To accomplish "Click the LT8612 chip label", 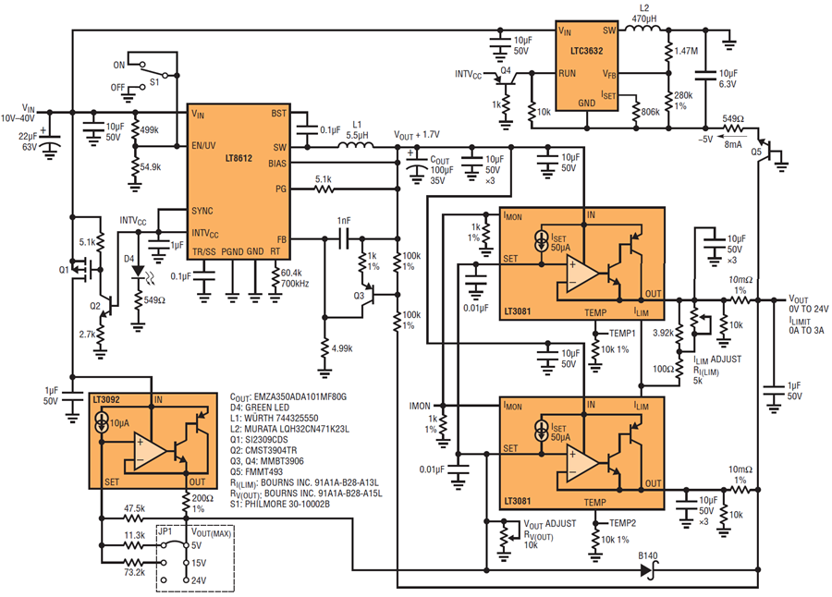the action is coord(239,158).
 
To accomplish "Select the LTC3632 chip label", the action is coord(587,51).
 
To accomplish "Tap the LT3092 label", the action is coord(106,399).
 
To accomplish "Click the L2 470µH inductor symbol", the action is coord(643,28).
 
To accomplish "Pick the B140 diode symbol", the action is coord(647,570).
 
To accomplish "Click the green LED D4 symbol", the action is coord(138,271).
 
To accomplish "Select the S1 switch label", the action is coord(153,82).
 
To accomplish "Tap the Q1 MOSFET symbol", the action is coord(85,270).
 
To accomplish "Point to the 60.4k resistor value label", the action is coord(291,273).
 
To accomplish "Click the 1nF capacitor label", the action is coord(344,220).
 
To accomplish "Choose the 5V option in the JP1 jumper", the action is coord(196,545).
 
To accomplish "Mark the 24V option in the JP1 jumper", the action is coord(199,580).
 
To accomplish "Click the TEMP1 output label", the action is coord(622,334).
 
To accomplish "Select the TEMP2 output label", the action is coord(622,523).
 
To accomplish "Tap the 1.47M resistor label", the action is coord(686,51).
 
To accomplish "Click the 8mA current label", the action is coord(733,144).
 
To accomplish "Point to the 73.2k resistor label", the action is coord(135,573).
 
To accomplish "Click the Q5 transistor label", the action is coord(755,152).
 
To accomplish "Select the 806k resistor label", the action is coord(650,112).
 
